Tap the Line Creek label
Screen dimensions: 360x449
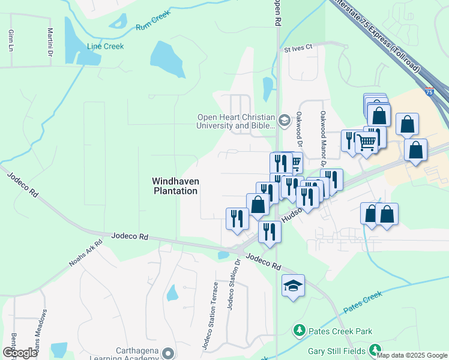105,46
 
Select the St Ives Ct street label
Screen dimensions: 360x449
299,47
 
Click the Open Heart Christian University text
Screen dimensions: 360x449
236,122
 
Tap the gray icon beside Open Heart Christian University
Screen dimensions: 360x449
285,118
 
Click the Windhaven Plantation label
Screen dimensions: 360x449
175,186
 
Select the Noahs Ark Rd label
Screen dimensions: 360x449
82,254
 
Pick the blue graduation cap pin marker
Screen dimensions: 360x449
293,286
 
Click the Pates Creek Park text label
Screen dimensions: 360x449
340,331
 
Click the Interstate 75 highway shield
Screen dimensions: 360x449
429,92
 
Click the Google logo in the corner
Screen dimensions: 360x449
20,353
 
